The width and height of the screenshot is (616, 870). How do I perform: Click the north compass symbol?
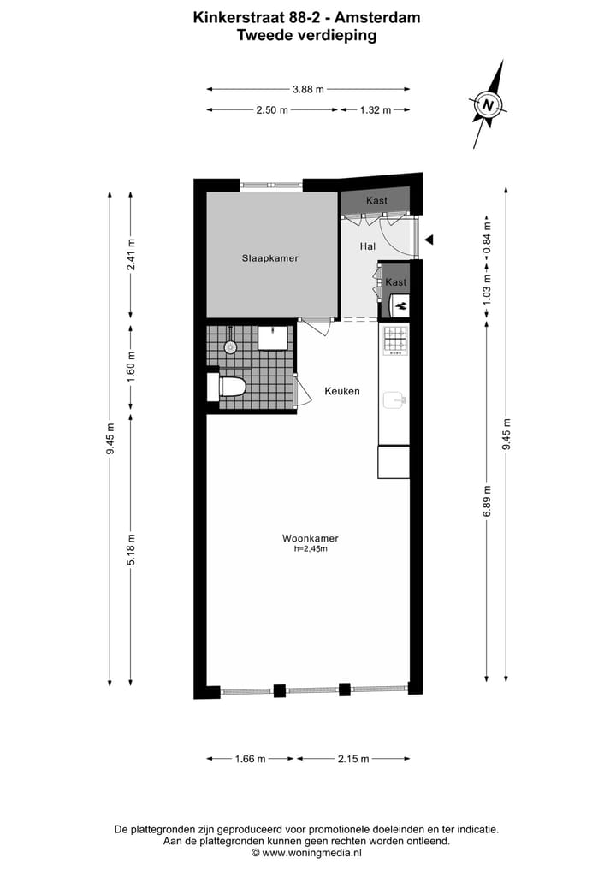[x=489, y=105]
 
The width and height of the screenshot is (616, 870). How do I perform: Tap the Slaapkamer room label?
[x=269, y=257]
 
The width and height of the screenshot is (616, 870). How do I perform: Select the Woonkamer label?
[x=311, y=538]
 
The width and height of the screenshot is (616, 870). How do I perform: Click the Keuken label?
[x=341, y=391]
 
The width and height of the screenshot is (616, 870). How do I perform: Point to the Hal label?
[x=368, y=246]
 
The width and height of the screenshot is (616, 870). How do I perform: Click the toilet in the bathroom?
[x=231, y=387]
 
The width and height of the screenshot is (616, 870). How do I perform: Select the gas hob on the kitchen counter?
[x=395, y=340]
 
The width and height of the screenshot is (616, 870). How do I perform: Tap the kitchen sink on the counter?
[x=394, y=399]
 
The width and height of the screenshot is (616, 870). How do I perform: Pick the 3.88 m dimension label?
[x=308, y=89]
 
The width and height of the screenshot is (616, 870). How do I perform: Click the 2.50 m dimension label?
[x=272, y=110]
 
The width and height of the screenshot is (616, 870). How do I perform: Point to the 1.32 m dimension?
[x=375, y=110]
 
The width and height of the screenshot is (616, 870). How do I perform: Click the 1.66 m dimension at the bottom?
[x=250, y=759]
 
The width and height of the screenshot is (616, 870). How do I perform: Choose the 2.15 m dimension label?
[x=352, y=759]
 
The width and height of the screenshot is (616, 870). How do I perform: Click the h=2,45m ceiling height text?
[x=311, y=549]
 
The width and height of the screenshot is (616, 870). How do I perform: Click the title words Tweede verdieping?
[x=306, y=36]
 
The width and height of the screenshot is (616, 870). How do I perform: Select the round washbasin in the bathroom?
[x=229, y=347]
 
